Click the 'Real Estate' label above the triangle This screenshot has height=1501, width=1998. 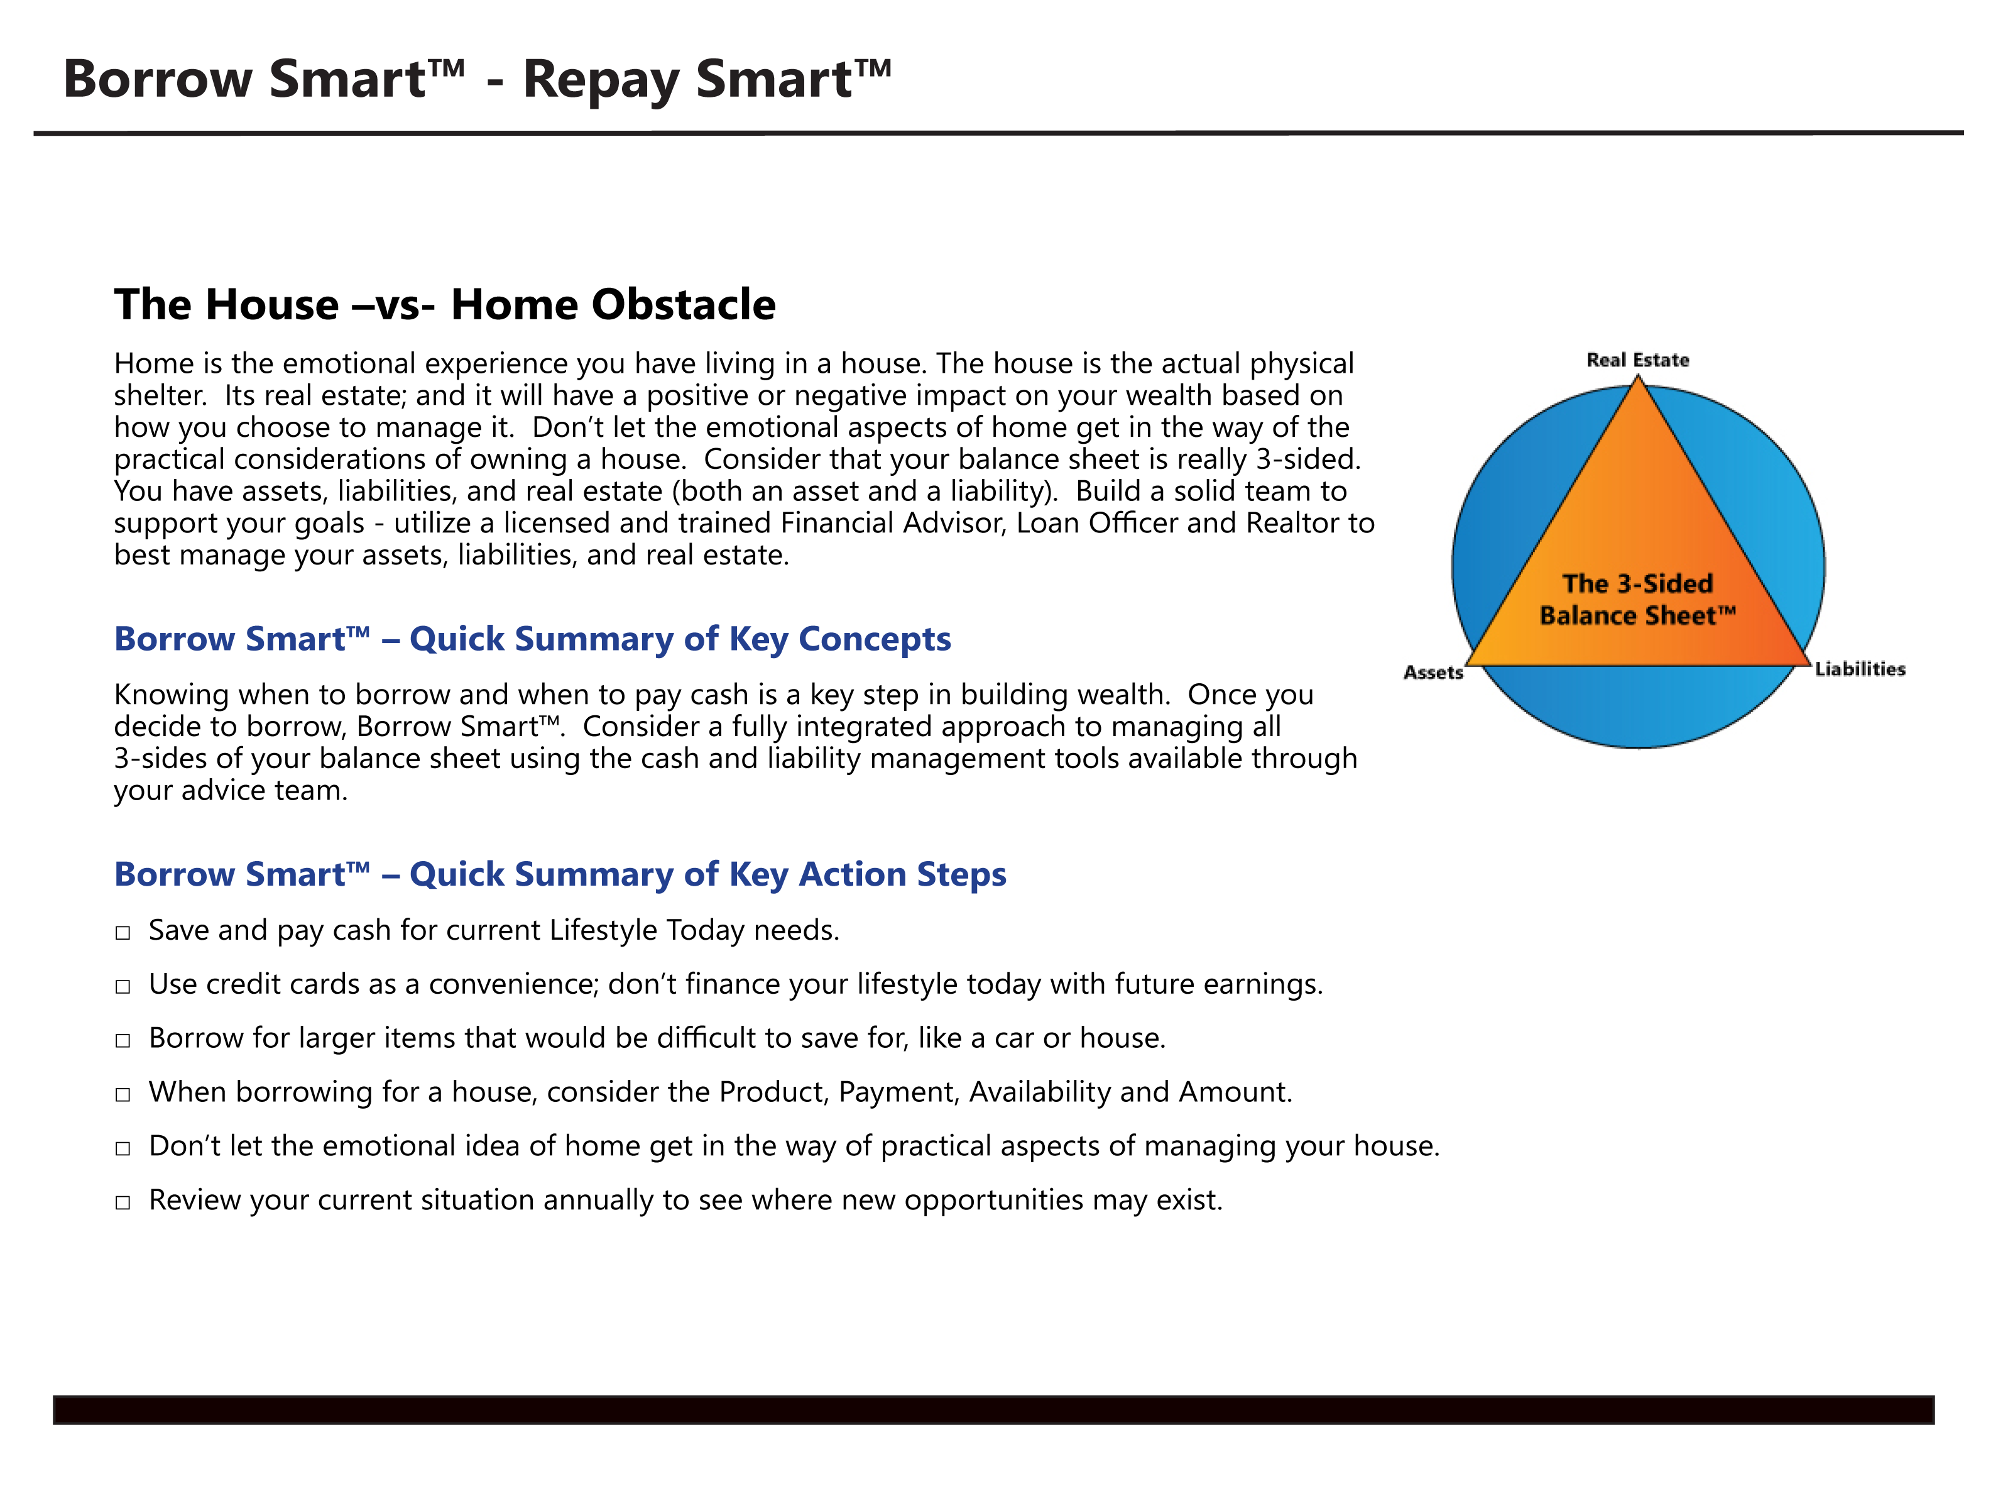1637,360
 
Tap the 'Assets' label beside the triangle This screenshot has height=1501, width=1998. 1433,673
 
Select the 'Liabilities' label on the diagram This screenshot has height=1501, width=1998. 1860,669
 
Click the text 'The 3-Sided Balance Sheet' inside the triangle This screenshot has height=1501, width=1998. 1637,599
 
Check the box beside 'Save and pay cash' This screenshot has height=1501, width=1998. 123,933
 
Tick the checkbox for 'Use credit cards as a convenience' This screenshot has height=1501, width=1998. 123,987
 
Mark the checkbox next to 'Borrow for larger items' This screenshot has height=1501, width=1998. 123,1041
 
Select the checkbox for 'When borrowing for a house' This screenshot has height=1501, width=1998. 123,1095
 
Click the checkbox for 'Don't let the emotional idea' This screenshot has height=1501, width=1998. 123,1148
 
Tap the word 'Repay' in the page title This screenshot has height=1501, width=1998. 600,80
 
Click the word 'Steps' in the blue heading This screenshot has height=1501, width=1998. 961,876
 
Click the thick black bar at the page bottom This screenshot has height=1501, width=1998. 993,1410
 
